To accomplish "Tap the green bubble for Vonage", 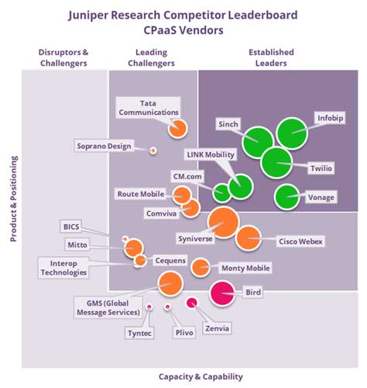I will point(288,197).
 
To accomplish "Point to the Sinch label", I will point(228,123).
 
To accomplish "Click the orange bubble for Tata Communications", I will point(178,128).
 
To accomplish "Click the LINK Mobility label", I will point(209,155).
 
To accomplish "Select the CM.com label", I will point(187,177).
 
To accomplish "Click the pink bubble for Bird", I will point(223,293).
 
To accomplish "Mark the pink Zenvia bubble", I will point(191,303).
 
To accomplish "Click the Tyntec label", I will point(139,333).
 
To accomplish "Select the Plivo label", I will point(183,333).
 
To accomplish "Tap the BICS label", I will point(70,226).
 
